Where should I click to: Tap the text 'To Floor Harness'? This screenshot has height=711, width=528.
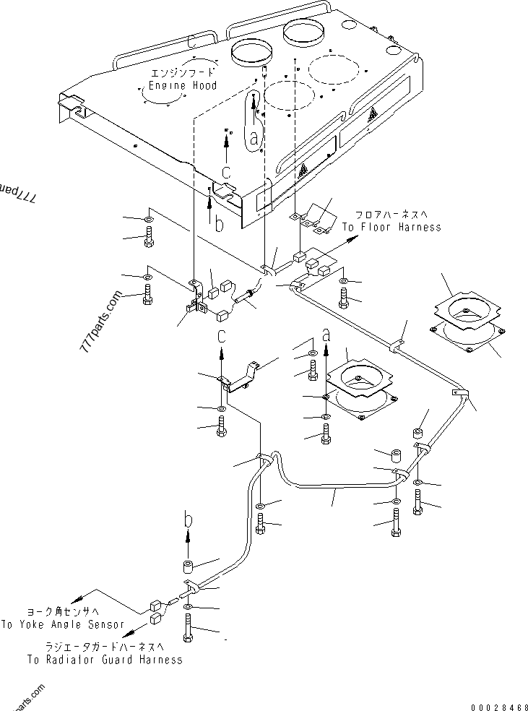[x=391, y=227]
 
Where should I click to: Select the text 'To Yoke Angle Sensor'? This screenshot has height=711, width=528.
[x=62, y=624]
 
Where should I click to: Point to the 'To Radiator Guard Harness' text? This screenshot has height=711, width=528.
[x=105, y=659]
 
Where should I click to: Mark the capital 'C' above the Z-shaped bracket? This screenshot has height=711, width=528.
[x=221, y=337]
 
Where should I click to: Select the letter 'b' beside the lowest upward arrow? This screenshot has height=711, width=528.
[x=188, y=519]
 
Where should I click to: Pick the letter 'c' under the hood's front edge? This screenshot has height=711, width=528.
[x=226, y=172]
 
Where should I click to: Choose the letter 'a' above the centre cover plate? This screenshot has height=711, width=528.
[x=326, y=335]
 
